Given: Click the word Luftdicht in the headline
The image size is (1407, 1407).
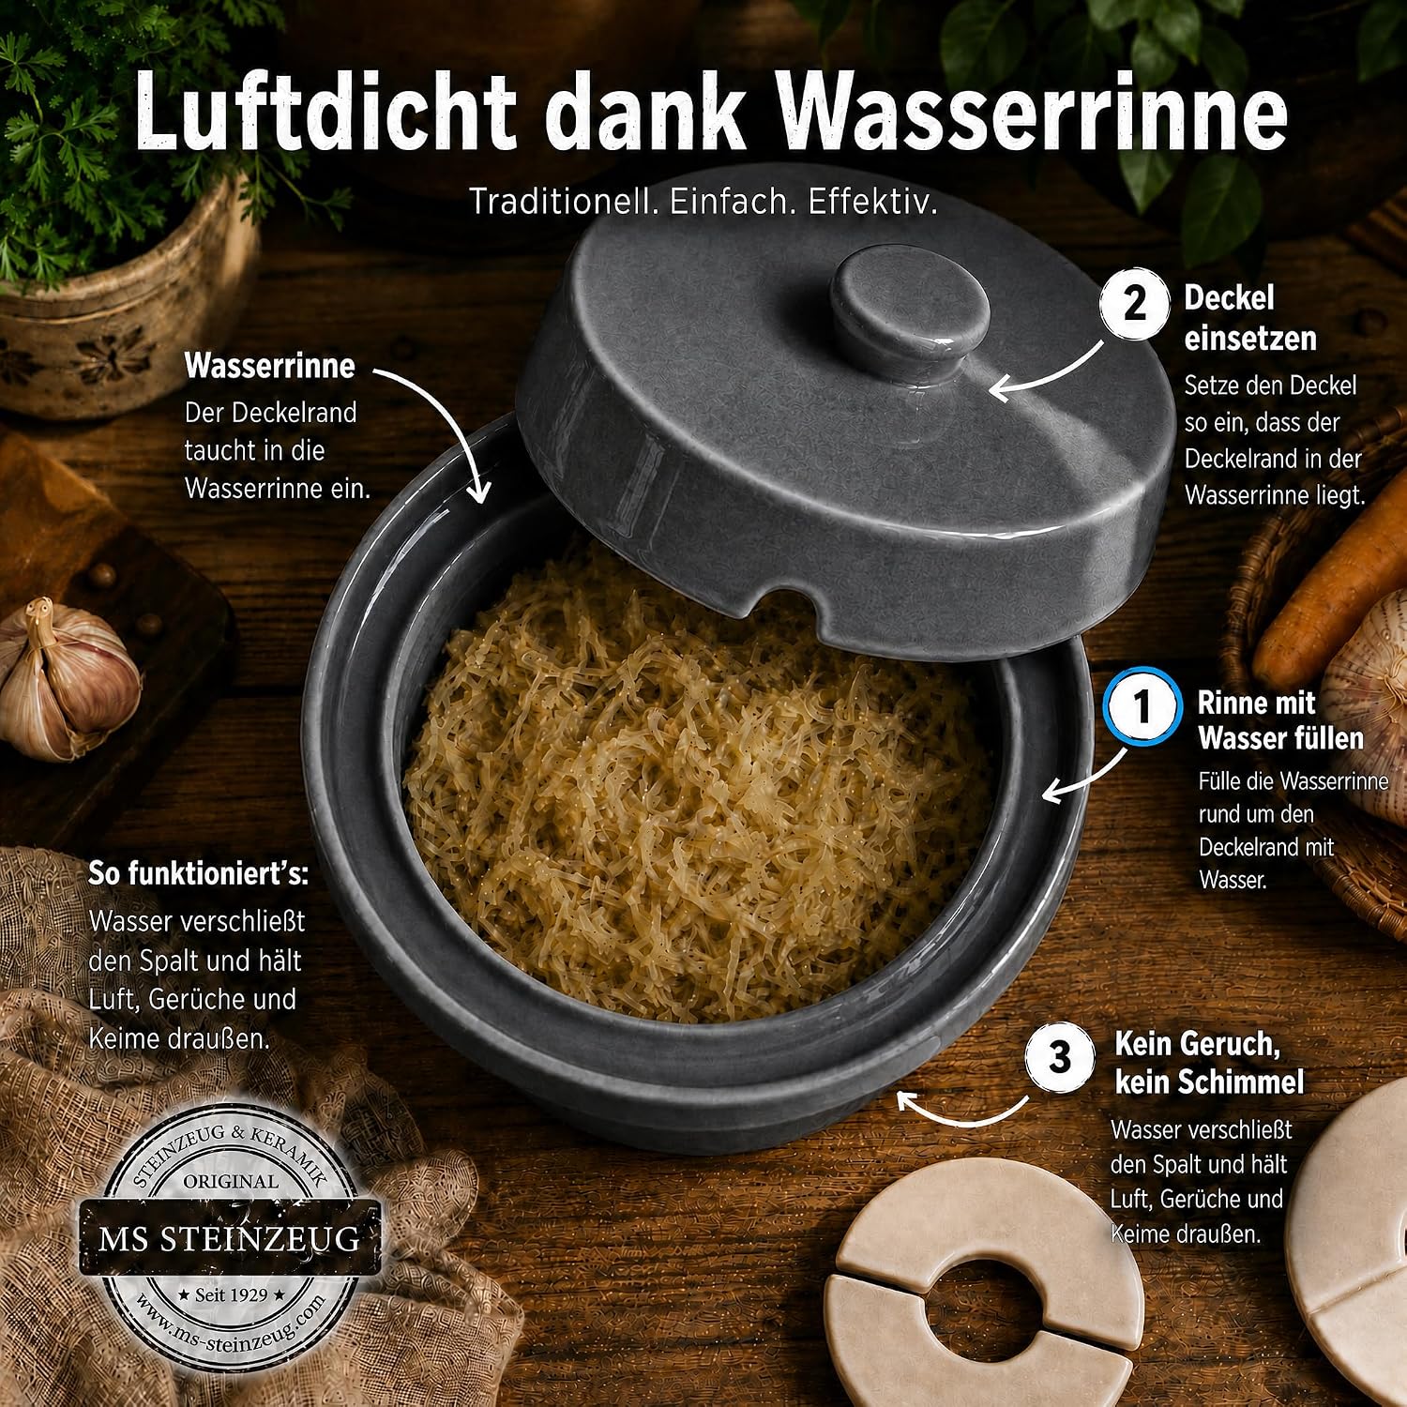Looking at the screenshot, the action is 325,110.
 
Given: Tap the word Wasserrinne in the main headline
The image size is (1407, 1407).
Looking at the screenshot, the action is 1033,110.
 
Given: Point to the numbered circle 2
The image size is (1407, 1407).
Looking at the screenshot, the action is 1135,304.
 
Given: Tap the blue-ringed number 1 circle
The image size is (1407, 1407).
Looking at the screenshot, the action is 1142,706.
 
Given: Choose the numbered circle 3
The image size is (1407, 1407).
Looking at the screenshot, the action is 1060,1058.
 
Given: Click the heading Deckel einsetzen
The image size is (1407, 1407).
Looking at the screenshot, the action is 1250,318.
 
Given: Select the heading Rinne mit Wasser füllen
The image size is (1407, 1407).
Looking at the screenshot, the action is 1280,720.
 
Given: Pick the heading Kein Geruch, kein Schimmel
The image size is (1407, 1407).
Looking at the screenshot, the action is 1209,1063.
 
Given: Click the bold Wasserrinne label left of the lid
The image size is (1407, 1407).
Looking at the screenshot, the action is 269,366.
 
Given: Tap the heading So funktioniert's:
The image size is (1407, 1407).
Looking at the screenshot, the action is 198,873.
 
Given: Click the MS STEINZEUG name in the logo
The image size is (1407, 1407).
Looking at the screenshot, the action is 230,1239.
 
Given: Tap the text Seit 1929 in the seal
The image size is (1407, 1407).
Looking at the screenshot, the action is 231,1294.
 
